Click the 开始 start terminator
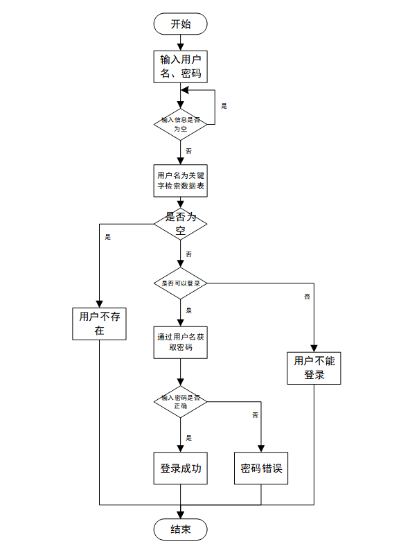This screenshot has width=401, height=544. [x=180, y=24]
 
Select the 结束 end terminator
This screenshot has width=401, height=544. [x=180, y=529]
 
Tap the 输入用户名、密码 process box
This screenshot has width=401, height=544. [x=180, y=67]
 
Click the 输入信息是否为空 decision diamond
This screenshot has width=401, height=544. [x=180, y=124]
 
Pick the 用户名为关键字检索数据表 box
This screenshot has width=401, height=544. [x=180, y=182]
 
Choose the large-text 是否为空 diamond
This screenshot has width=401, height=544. [x=180, y=223]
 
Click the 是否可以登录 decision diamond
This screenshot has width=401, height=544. [x=180, y=283]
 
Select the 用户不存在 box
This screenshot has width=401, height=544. [x=99, y=324]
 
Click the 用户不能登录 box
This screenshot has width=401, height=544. [x=314, y=368]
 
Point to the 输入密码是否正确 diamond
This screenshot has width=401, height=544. [x=180, y=402]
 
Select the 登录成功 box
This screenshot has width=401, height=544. [x=180, y=468]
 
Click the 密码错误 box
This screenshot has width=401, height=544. [x=261, y=468]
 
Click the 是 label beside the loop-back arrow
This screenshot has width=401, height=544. [x=224, y=106]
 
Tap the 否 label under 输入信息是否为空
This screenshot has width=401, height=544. [x=189, y=150]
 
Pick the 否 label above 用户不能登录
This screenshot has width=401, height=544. [x=307, y=297]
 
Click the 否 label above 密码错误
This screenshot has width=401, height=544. [x=255, y=414]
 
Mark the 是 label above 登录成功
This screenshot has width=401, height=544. [x=189, y=437]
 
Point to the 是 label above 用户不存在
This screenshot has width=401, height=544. [x=107, y=237]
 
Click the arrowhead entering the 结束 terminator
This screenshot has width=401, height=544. [x=180, y=514]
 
